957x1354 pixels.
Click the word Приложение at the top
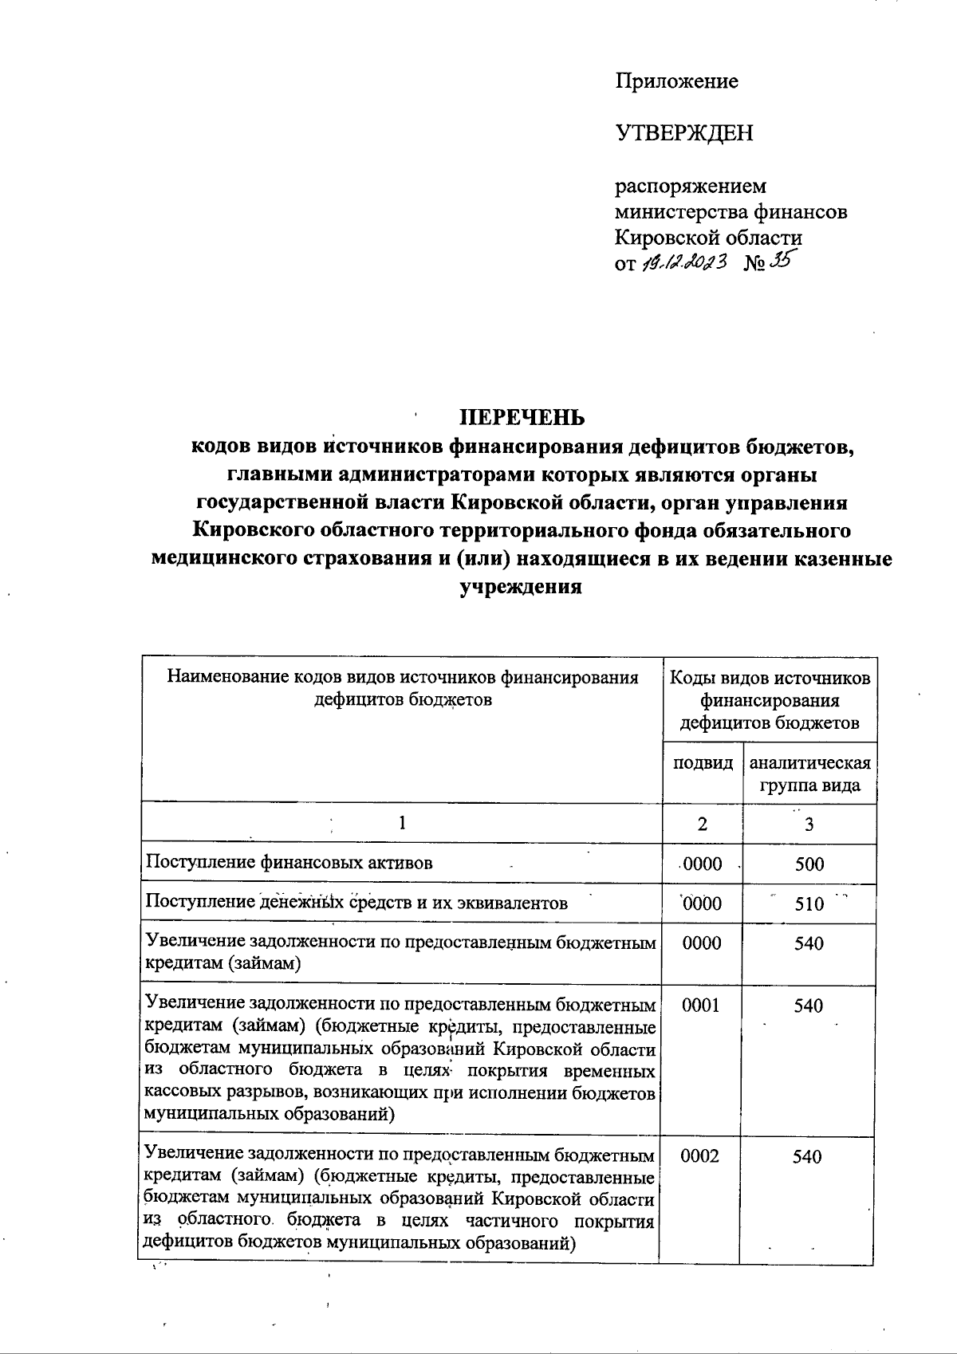click(676, 81)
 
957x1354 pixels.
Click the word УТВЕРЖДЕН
click(683, 133)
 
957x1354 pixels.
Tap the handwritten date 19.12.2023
click(686, 262)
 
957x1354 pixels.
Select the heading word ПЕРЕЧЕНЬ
click(525, 418)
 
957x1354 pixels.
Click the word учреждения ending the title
click(522, 587)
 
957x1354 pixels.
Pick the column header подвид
click(703, 762)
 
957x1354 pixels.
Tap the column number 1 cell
click(403, 823)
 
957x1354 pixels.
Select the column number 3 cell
click(809, 825)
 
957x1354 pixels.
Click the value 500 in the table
click(809, 864)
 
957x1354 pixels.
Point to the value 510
click(809, 903)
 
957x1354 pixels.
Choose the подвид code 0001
click(702, 1006)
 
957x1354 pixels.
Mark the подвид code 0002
click(702, 1156)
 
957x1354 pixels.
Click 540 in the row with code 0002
click(807, 1156)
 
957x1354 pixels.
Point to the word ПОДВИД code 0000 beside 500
click(702, 864)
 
